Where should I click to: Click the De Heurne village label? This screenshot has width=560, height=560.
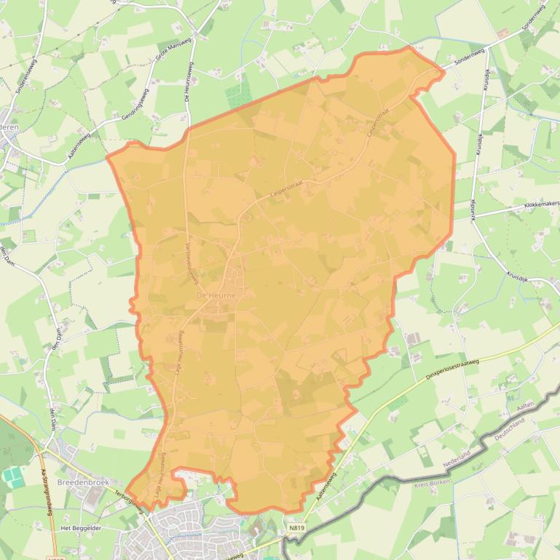pyautogui.click(x=216, y=296)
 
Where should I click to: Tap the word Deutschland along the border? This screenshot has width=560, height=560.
pyautogui.click(x=514, y=438)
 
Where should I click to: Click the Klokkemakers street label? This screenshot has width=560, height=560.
pyautogui.click(x=541, y=206)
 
